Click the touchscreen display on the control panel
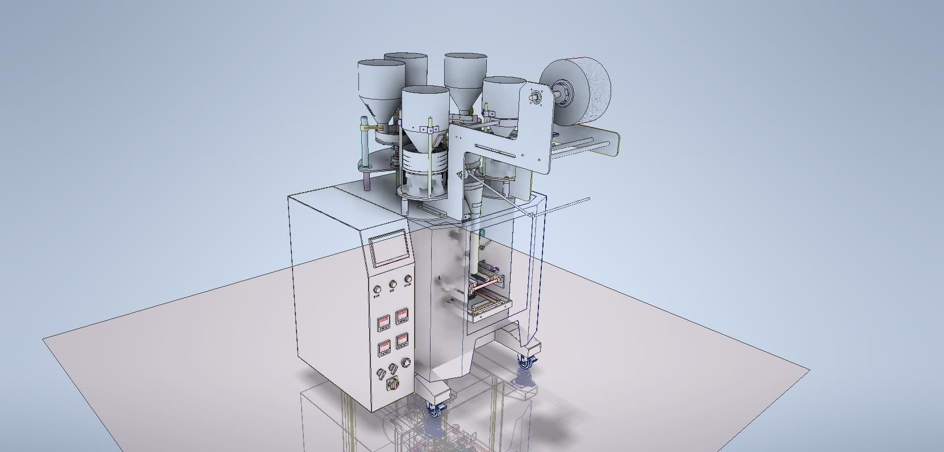click(x=390, y=248)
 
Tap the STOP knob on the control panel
click(x=408, y=279)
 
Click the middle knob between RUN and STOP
click(x=392, y=284)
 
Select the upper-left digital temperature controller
click(x=385, y=323)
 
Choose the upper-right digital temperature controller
click(x=403, y=316)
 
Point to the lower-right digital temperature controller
click(x=403, y=340)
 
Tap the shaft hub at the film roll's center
click(x=563, y=90)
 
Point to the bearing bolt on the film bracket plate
click(x=535, y=97)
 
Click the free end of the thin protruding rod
click(x=588, y=198)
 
